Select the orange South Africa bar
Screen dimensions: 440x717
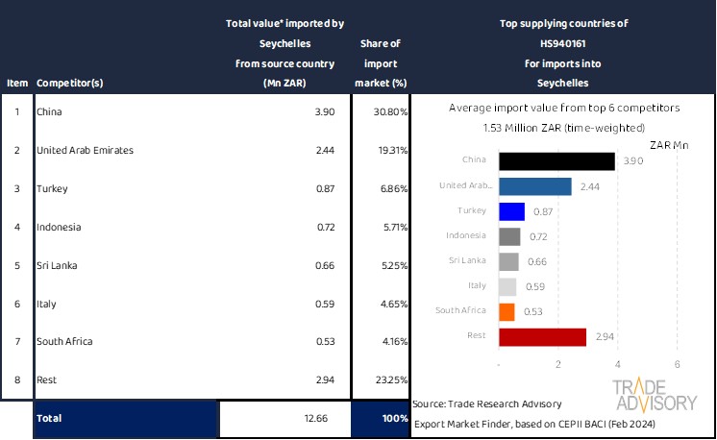[507, 311]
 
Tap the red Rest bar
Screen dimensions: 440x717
[542, 336]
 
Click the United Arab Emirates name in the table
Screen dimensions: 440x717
[85, 151]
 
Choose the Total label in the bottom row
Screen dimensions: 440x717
[49, 418]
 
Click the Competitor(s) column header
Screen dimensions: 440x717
[70, 83]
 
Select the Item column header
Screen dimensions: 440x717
[17, 83]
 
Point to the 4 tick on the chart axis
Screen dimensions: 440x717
[618, 364]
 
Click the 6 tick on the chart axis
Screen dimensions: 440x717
[678, 364]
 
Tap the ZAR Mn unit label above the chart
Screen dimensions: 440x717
[670, 145]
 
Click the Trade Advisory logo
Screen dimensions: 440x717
[655, 395]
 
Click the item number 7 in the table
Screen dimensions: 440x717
[17, 341]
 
